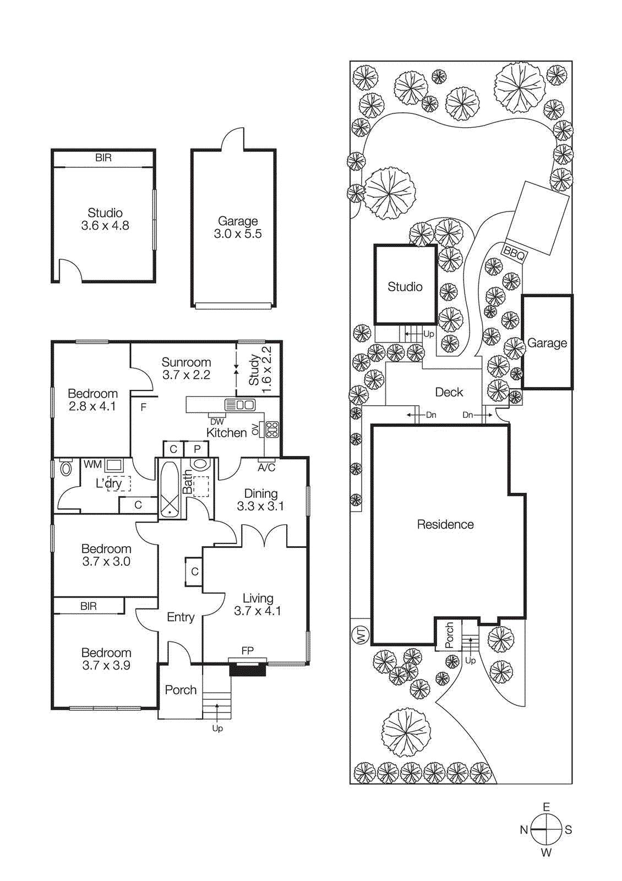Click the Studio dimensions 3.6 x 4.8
tap(105, 226)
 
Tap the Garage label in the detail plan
tap(238, 221)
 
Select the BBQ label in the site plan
tap(514, 254)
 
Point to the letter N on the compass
tap(524, 830)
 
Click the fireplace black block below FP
tap(247, 670)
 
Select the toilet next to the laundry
tap(66, 469)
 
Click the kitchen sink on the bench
tap(240, 405)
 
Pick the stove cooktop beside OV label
tap(272, 429)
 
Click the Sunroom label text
tap(186, 362)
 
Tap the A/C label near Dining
tap(266, 468)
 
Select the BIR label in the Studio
tap(103, 158)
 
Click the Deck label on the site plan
tap(449, 392)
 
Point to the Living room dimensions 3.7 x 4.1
tap(257, 611)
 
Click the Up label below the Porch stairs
tap(217, 728)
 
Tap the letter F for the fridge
tap(144, 407)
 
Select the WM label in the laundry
tap(92, 465)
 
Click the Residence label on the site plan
tap(445, 524)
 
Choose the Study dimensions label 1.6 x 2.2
tap(267, 369)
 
